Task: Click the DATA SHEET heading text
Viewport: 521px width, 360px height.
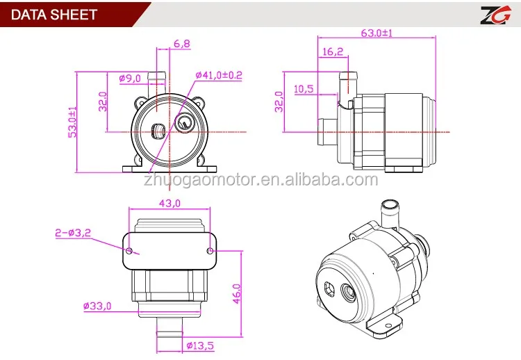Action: click(54, 15)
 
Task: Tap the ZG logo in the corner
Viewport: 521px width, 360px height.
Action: click(495, 15)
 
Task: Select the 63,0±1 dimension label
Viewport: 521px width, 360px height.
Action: click(377, 33)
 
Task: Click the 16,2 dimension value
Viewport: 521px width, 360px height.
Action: click(333, 51)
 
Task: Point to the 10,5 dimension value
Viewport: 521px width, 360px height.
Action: click(304, 89)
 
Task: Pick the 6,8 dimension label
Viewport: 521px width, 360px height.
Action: click(182, 44)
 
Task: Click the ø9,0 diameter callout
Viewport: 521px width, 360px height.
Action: click(130, 79)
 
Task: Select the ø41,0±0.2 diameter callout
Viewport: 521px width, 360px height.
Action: click(219, 75)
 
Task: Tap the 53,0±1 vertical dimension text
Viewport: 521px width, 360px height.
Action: click(72, 122)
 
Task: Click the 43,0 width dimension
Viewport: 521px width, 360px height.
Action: click(169, 203)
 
